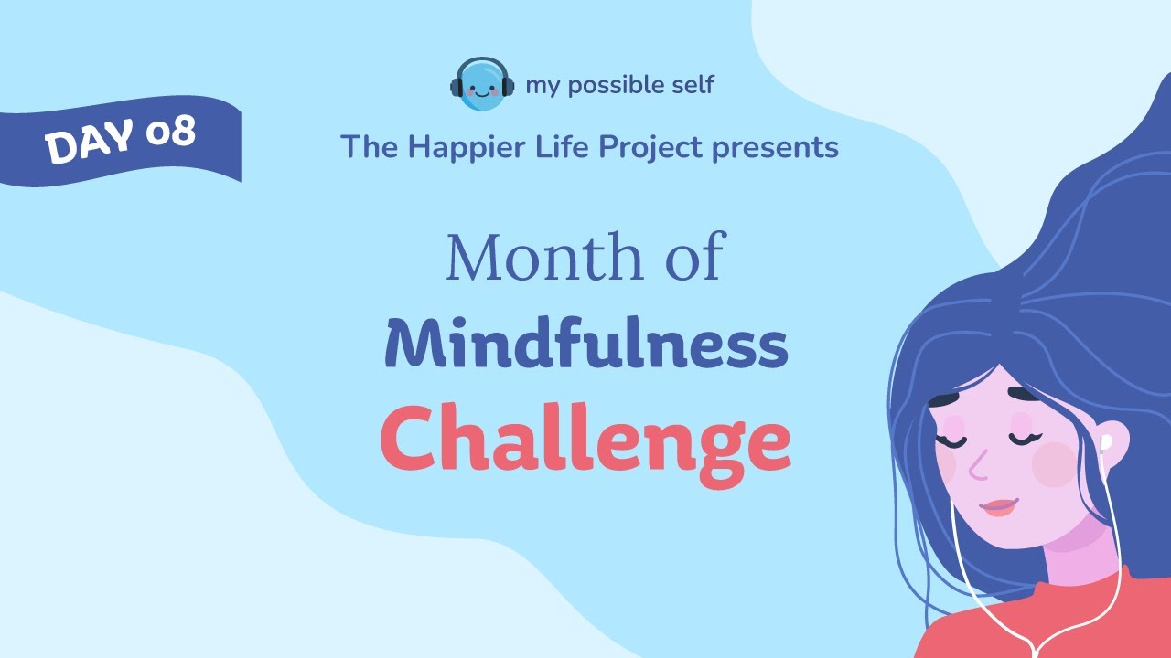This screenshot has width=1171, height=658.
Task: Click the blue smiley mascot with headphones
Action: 481,85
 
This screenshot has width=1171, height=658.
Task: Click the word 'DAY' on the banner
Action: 91,144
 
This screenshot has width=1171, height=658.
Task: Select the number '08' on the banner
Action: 170,133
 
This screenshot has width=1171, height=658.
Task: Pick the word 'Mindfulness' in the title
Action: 585,345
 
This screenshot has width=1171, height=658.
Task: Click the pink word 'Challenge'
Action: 585,440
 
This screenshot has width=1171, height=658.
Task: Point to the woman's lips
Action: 998,506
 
